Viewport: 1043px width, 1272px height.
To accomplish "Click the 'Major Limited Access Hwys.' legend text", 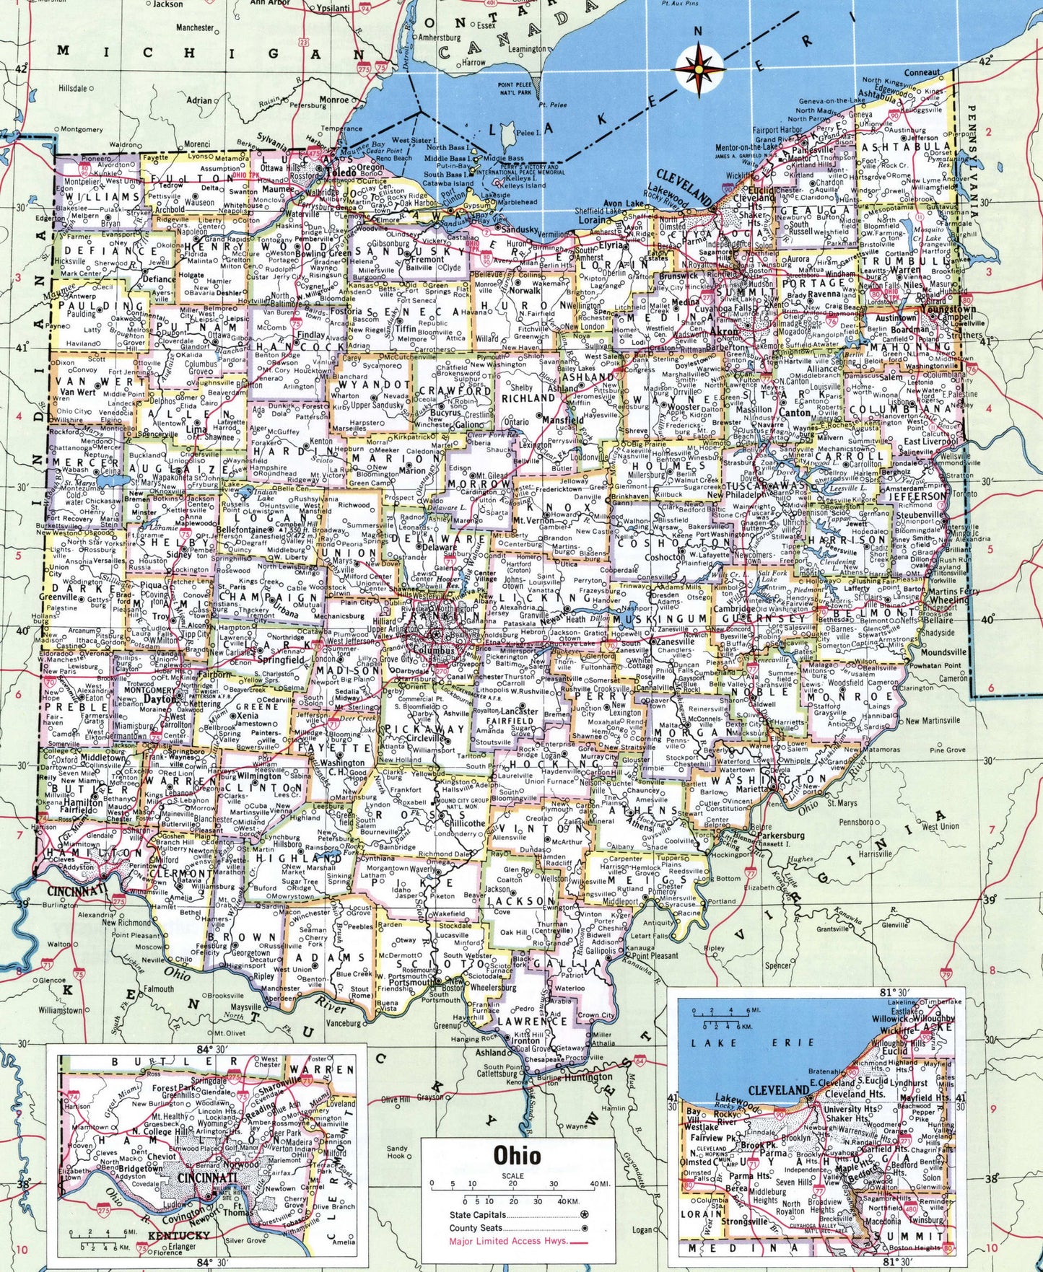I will coord(508,1241).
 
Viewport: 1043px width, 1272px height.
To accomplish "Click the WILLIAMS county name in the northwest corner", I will coord(100,196).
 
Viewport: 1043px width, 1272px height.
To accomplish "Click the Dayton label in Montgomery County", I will coord(160,699).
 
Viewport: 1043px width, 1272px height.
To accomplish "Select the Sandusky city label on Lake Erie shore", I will coord(520,229).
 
